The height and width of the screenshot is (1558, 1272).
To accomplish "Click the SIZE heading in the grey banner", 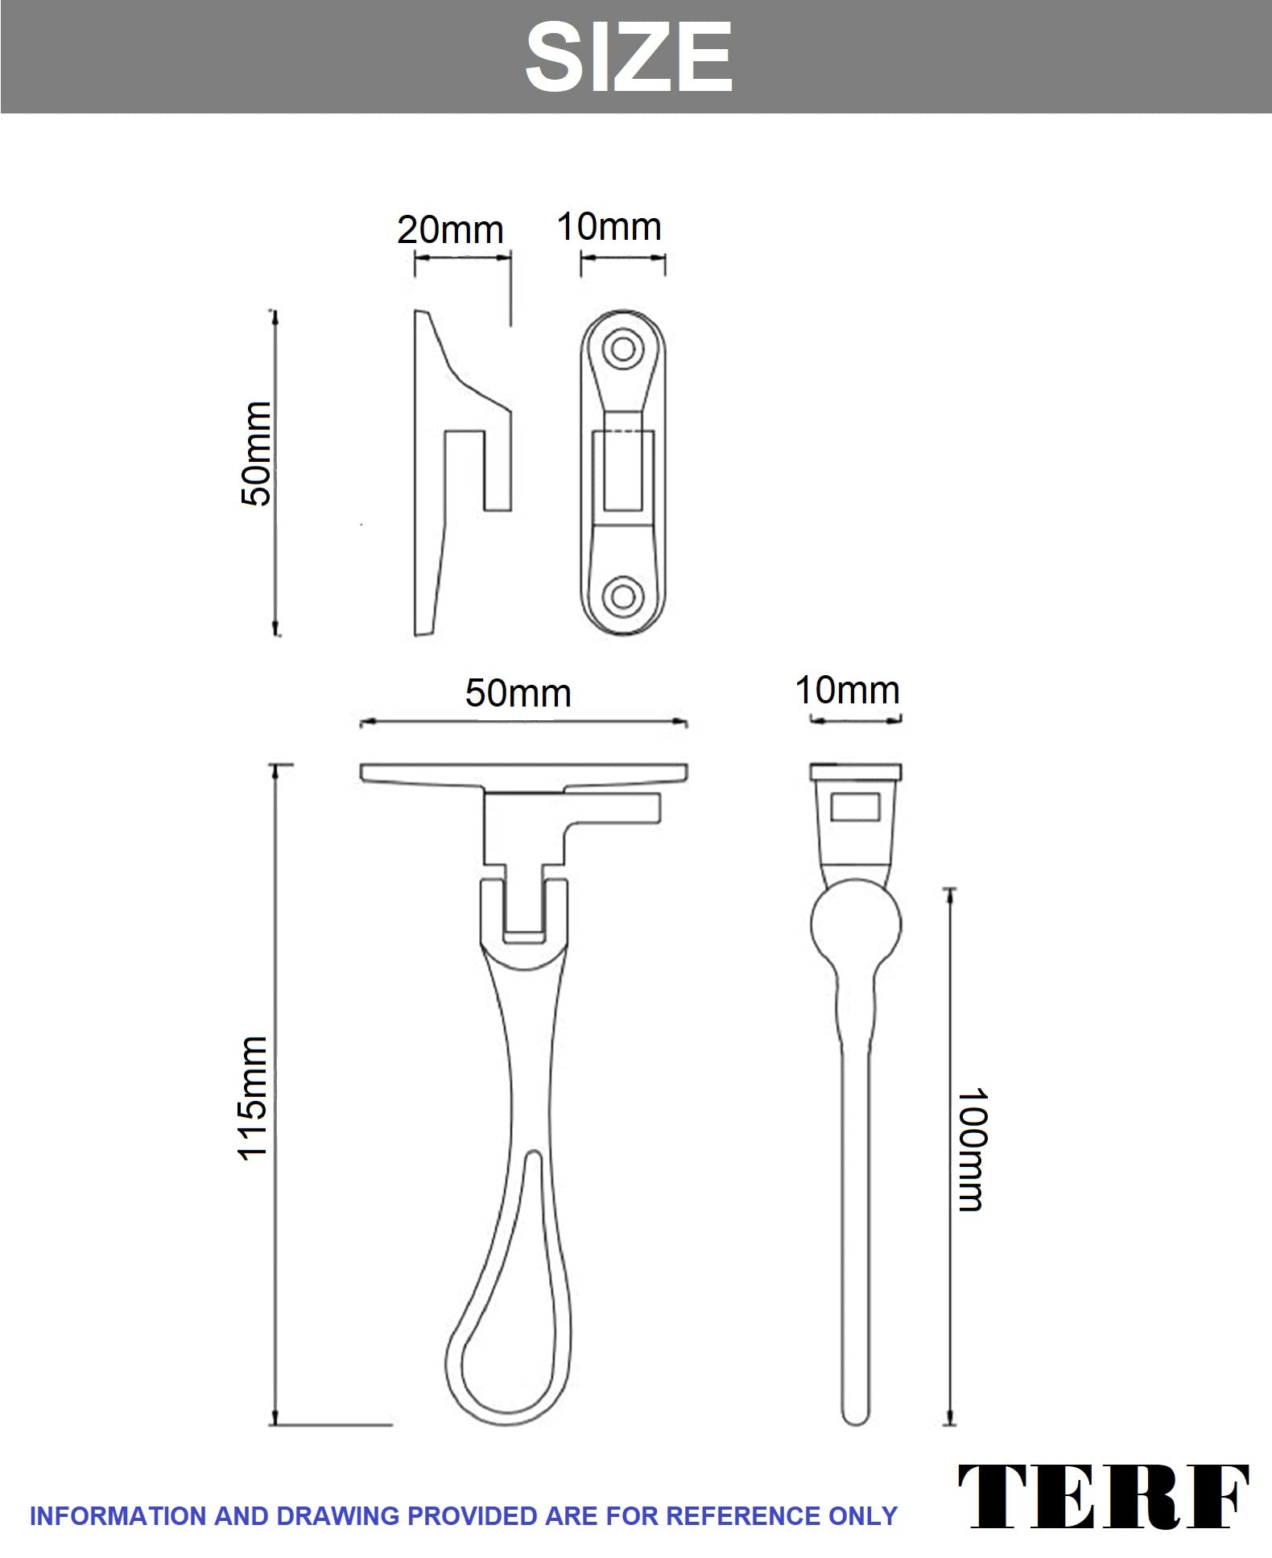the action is click(x=629, y=57).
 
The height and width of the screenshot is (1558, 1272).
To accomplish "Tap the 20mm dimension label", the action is click(x=450, y=230).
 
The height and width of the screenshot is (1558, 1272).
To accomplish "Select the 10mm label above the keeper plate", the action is click(x=609, y=227).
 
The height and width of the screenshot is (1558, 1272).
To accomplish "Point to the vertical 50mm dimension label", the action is click(x=257, y=453).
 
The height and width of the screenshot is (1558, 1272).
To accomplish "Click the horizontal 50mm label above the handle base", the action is click(x=518, y=693).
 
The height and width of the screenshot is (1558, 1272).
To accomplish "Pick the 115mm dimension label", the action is click(x=252, y=1098).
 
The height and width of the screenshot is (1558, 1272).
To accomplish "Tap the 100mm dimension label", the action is click(x=971, y=1149).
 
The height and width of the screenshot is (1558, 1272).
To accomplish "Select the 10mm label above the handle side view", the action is click(x=847, y=690).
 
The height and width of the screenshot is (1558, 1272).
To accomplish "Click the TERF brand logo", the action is click(x=1103, y=1497).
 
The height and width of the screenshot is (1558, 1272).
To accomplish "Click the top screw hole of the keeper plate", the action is click(x=622, y=348).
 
